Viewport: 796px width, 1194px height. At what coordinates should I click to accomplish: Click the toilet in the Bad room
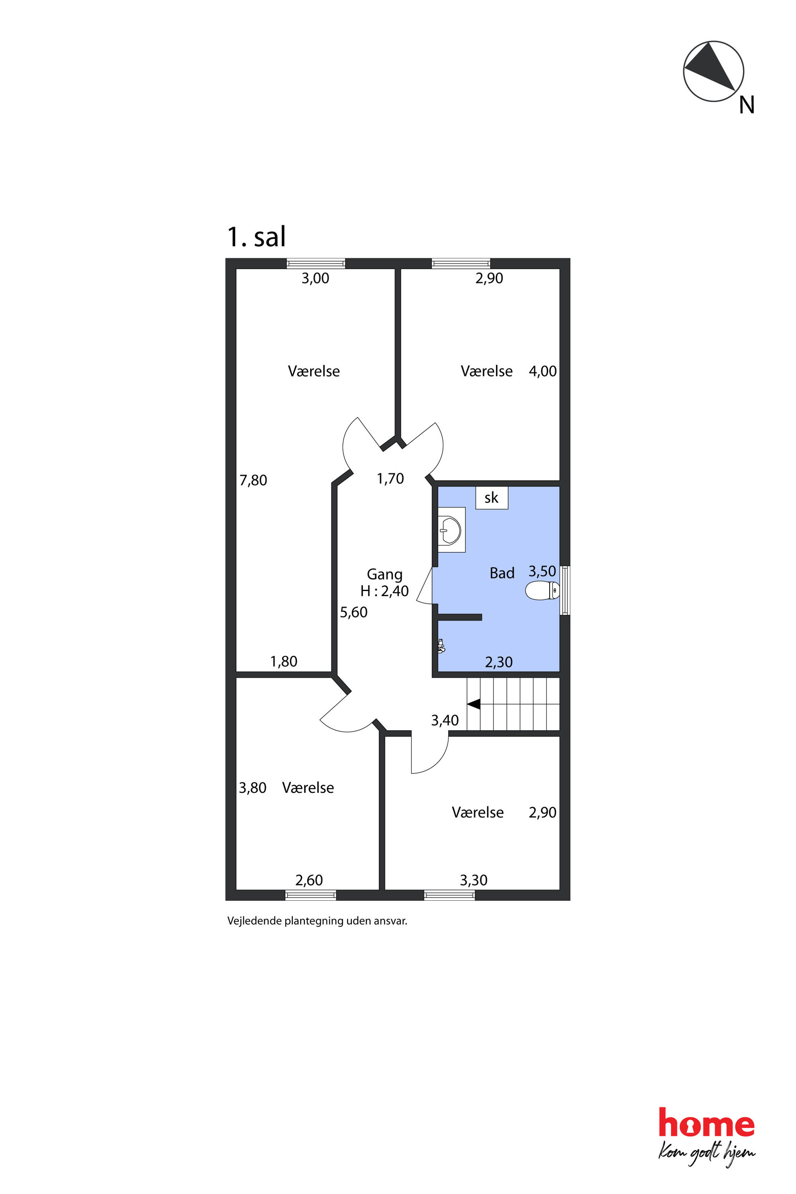click(x=542, y=591)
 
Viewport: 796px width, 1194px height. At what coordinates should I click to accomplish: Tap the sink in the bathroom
click(x=450, y=530)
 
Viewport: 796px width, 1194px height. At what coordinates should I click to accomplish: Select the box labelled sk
click(x=491, y=497)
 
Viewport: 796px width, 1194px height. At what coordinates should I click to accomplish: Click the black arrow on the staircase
click(x=474, y=704)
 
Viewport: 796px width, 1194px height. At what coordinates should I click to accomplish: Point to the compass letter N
click(x=746, y=105)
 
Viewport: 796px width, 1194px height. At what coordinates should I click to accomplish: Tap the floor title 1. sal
click(x=256, y=237)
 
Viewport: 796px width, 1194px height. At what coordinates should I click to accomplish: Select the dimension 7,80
click(x=253, y=480)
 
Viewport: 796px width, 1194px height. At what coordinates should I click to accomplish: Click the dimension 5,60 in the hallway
click(x=353, y=612)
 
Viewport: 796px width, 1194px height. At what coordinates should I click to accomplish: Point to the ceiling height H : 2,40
click(x=384, y=591)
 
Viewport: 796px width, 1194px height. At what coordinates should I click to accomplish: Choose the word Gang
click(x=385, y=575)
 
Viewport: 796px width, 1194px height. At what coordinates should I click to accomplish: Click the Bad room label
click(x=502, y=573)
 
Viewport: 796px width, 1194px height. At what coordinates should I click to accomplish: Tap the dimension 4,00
click(x=543, y=371)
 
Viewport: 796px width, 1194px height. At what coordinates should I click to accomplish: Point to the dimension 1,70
click(x=390, y=478)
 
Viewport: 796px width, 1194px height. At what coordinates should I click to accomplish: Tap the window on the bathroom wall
click(x=565, y=591)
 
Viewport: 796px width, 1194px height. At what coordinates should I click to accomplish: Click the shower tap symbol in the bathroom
click(x=441, y=646)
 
